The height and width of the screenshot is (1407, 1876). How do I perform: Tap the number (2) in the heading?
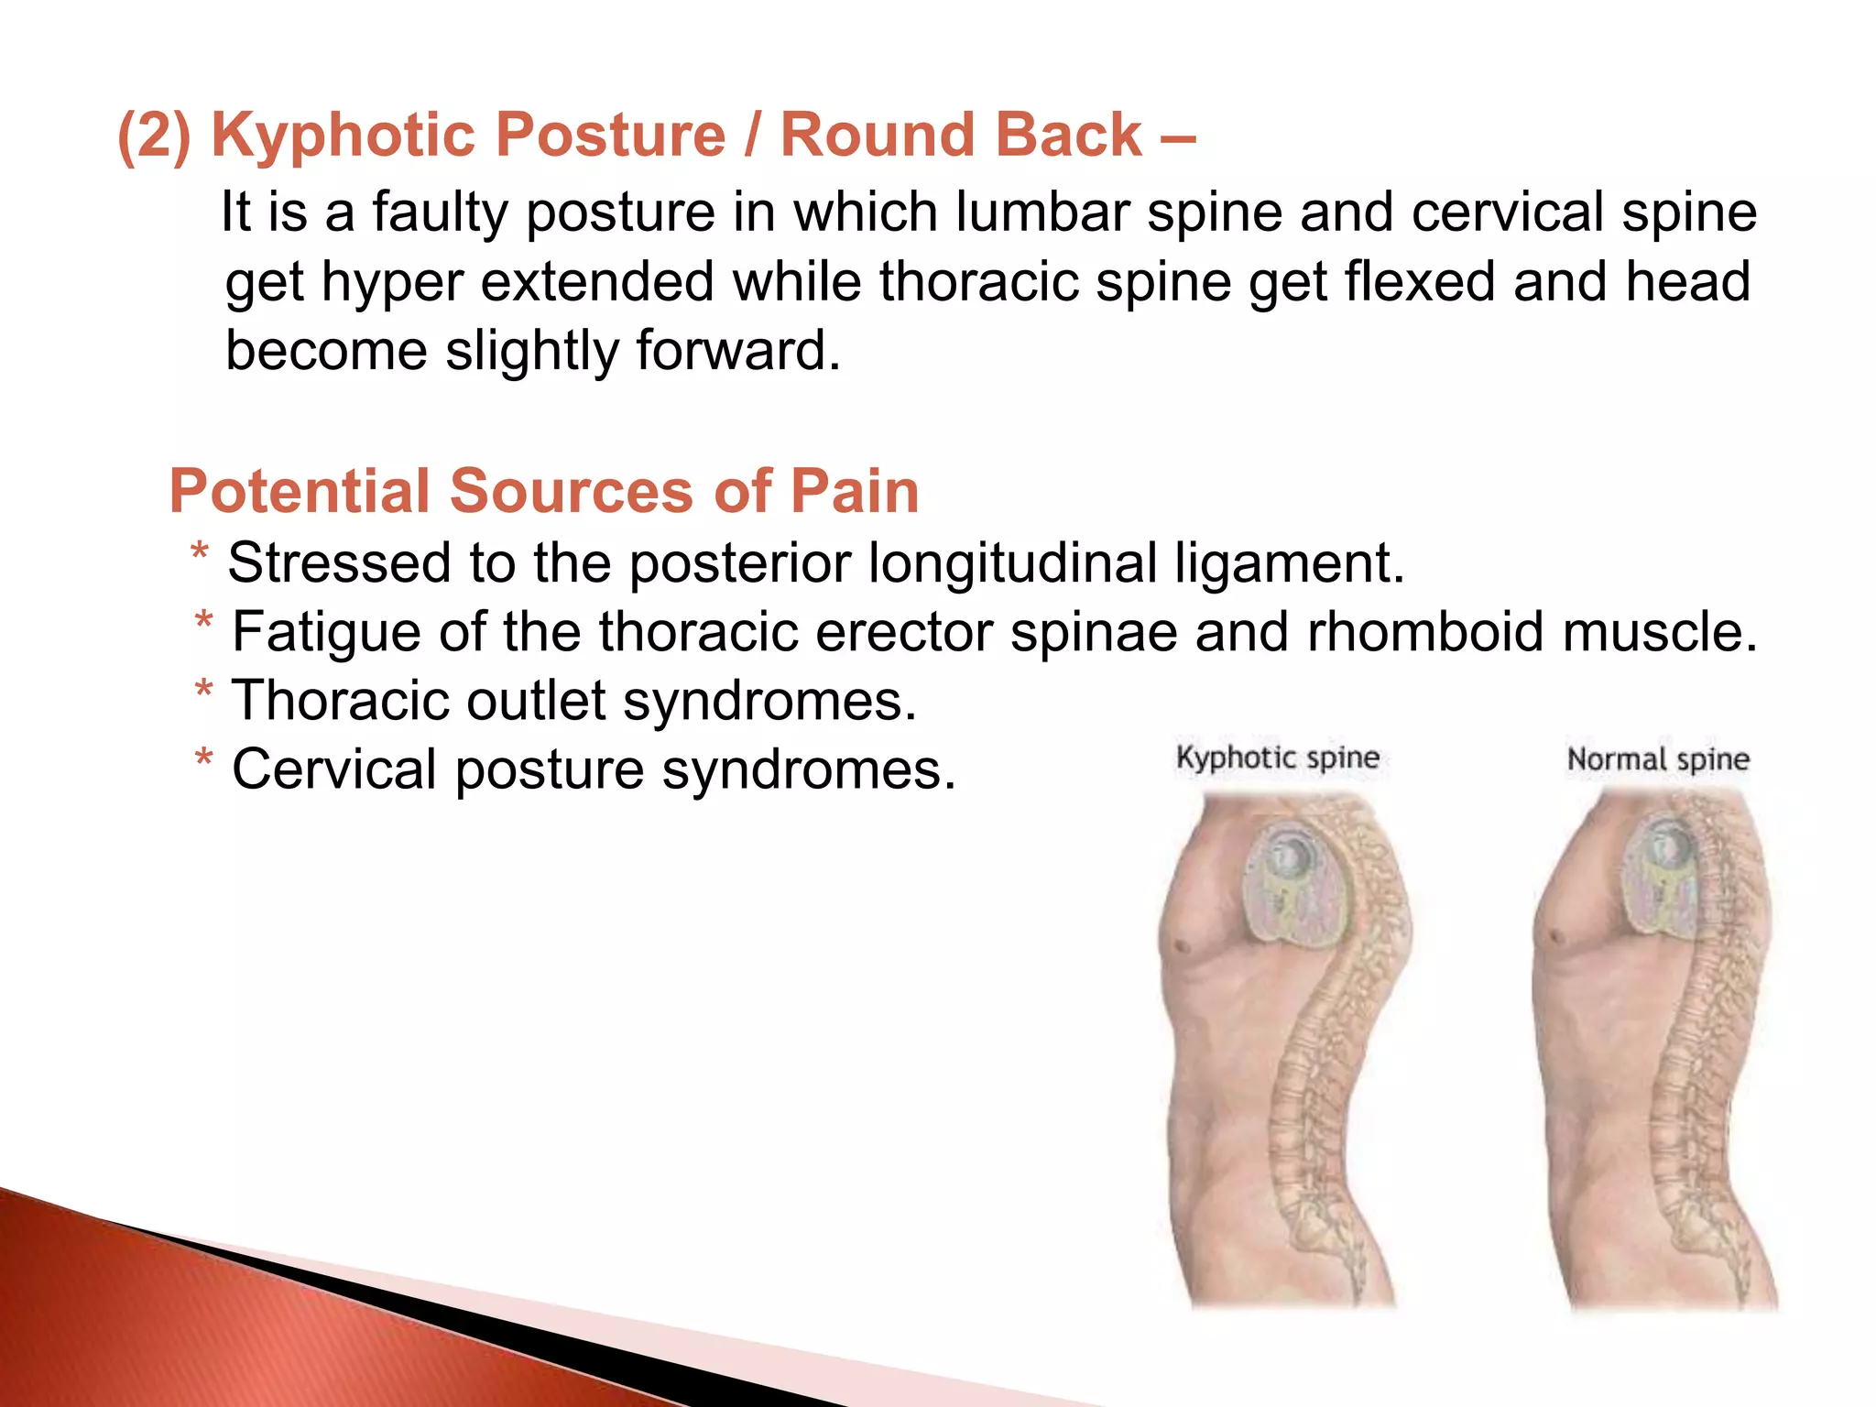point(154,136)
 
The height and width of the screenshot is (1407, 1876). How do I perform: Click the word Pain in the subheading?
point(854,492)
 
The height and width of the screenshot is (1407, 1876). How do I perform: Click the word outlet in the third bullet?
point(536,701)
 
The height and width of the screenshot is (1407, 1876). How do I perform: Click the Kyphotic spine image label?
point(1277,758)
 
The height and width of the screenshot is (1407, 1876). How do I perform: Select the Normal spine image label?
point(1658,759)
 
